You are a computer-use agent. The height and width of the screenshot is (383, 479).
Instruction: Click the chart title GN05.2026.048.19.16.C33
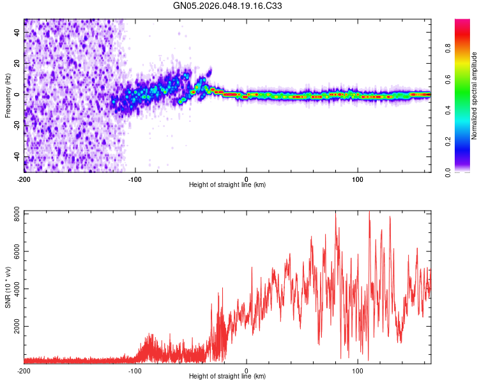click(x=229, y=6)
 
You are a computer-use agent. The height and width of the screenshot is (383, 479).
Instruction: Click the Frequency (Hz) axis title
click(x=8, y=96)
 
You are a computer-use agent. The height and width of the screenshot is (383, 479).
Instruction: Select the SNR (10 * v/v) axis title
click(x=8, y=287)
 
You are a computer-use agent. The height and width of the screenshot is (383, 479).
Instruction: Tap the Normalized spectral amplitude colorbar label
click(x=475, y=96)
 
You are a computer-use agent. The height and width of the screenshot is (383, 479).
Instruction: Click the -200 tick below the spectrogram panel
click(x=24, y=178)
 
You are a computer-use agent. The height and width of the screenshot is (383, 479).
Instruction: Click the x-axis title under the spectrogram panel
click(x=227, y=185)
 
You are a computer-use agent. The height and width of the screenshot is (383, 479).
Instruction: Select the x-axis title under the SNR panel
click(x=227, y=377)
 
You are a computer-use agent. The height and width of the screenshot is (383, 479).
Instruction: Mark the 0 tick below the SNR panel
click(x=247, y=370)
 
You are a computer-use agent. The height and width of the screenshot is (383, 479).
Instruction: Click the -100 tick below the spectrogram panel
click(x=135, y=178)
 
